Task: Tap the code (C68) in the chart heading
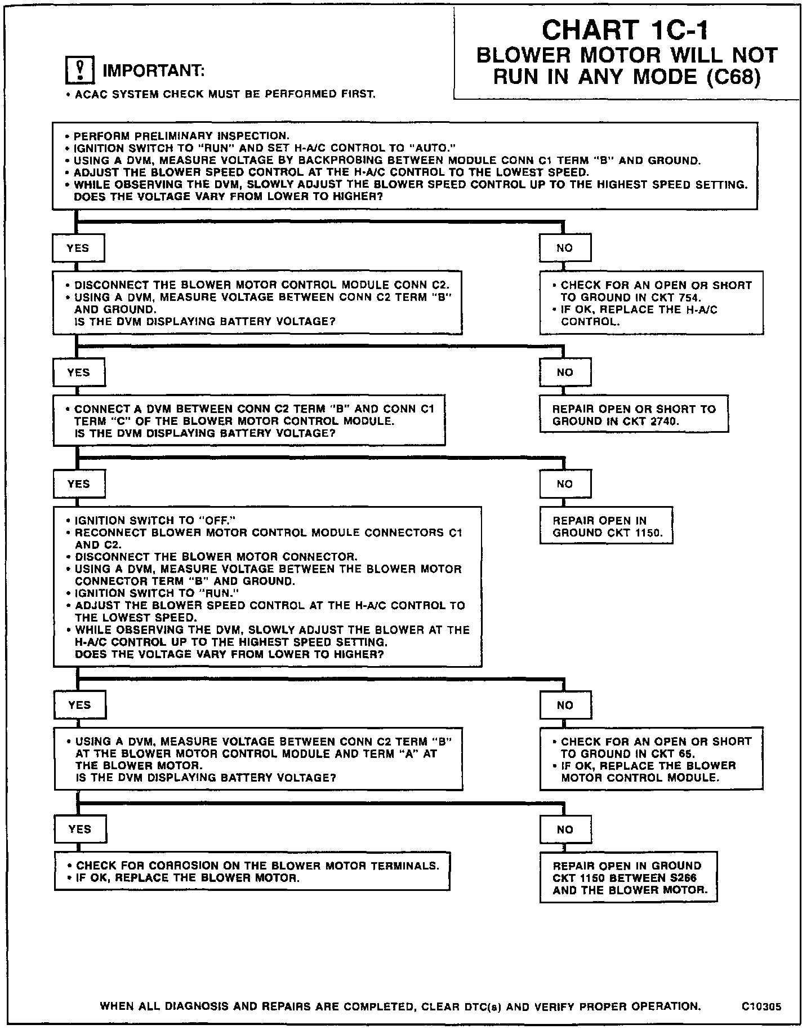(x=733, y=77)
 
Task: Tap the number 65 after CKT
(x=685, y=754)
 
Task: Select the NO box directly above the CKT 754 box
(x=565, y=248)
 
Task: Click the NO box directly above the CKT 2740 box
(x=565, y=372)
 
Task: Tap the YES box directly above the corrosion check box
(x=79, y=829)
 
